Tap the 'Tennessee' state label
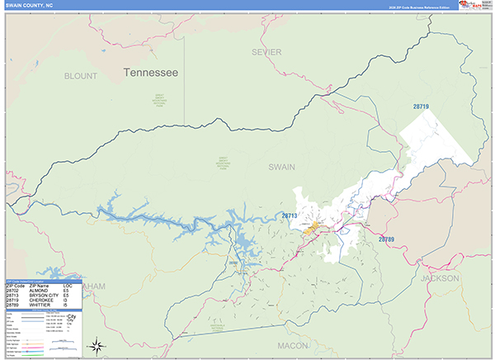150,73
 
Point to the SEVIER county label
266,52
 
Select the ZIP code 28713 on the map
290,216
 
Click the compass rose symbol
97,345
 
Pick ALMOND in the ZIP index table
37,290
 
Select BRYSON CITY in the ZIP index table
41,295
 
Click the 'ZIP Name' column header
37,285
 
